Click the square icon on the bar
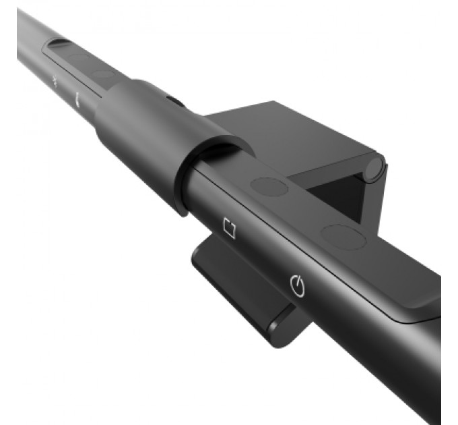(x=230, y=229)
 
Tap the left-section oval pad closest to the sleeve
(x=102, y=74)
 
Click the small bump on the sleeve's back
(x=175, y=101)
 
